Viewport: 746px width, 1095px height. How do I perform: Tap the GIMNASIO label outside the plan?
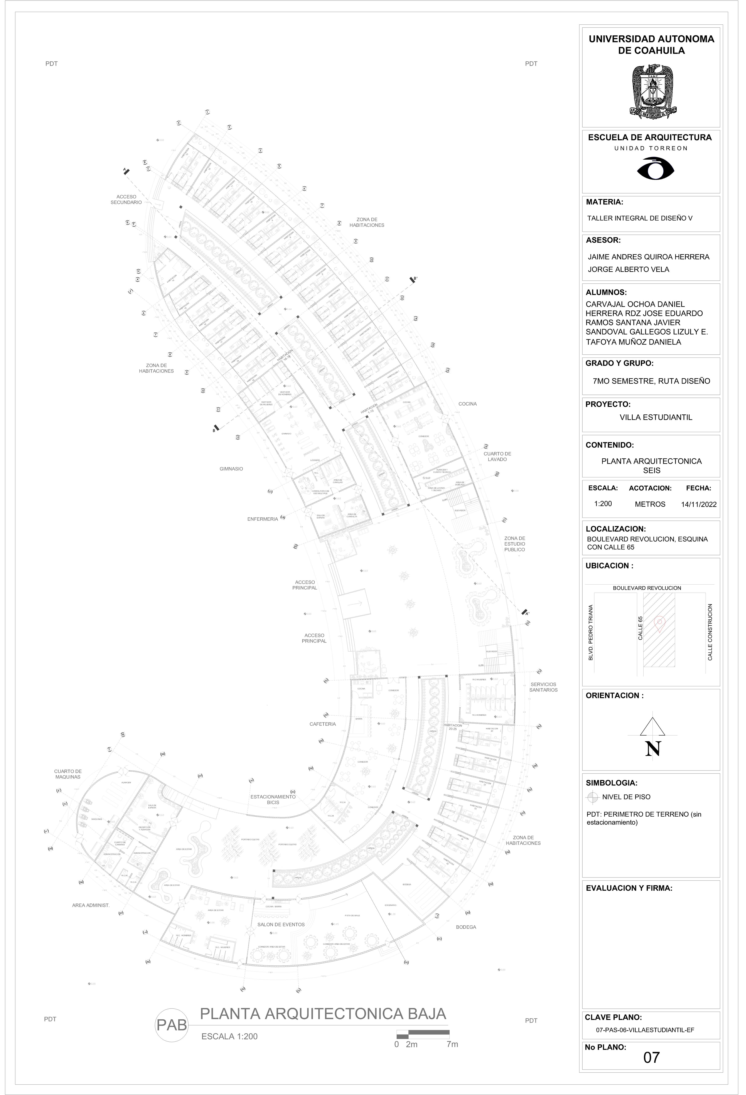click(x=231, y=469)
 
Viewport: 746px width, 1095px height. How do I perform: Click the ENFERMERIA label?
click(x=262, y=519)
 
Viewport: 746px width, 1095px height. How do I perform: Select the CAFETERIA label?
click(x=322, y=724)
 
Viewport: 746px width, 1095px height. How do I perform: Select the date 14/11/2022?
click(x=698, y=504)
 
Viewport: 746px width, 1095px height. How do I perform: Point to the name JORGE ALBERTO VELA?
click(x=628, y=270)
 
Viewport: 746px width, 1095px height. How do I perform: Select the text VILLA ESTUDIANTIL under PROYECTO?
click(x=655, y=417)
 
